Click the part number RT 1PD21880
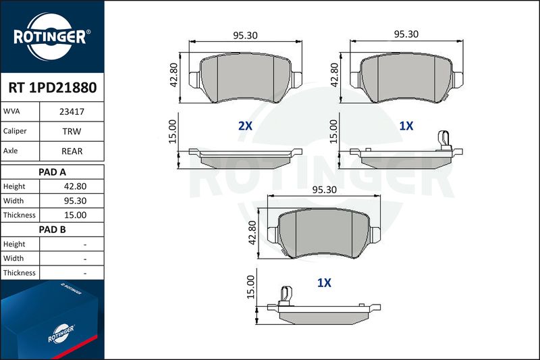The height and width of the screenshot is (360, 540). pos(53,88)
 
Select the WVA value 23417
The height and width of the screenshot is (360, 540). pos(72,111)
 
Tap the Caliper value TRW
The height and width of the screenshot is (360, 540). pos(72,131)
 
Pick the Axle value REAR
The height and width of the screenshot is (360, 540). pos(72,151)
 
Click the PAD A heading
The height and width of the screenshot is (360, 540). pos(52,172)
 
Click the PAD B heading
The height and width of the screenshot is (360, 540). pos(52,230)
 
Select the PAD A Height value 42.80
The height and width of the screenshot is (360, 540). pos(75,186)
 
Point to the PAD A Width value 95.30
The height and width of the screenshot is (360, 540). pos(75,201)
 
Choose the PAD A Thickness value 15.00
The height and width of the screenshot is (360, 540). pos(75,215)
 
